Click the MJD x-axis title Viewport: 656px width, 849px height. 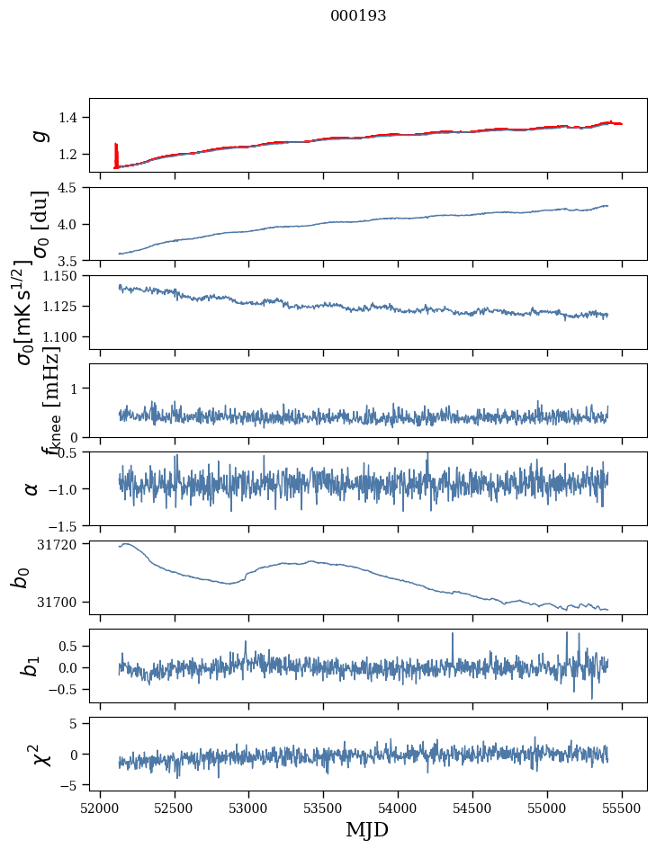click(x=366, y=829)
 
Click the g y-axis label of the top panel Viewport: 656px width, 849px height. click(x=39, y=135)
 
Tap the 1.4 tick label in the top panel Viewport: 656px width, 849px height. click(x=70, y=118)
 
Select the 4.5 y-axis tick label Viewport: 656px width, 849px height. click(x=70, y=188)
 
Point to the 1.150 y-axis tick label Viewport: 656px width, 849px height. click(x=62, y=276)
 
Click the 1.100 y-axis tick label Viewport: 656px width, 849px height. click(x=62, y=336)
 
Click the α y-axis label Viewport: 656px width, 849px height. click(x=32, y=488)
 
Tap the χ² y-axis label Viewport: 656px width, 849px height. click(x=39, y=754)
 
